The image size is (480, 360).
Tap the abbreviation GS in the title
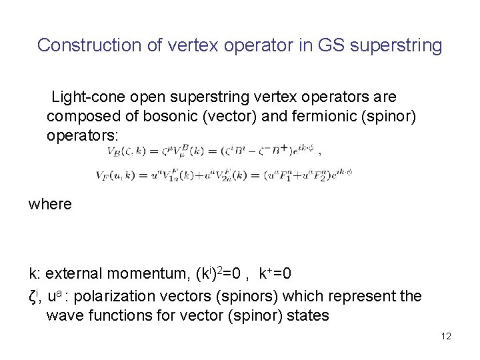333,45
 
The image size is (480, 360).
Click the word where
50,203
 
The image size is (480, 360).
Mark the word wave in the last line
63,315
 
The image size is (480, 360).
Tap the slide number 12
446,336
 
